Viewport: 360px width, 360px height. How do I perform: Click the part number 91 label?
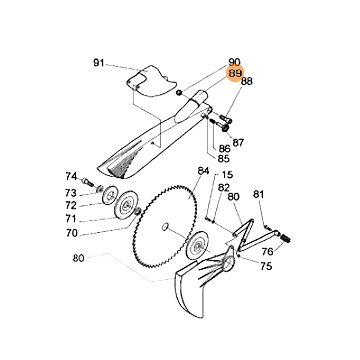click(99, 63)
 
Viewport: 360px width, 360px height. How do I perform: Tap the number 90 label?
click(234, 62)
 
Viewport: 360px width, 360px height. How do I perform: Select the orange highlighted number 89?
click(234, 73)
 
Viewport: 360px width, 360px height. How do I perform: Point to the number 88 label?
click(247, 81)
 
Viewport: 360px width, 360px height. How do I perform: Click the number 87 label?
click(238, 143)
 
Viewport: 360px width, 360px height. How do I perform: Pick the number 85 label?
click(224, 158)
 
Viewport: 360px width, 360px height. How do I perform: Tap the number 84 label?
click(204, 171)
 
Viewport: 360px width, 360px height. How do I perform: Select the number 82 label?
click(224, 187)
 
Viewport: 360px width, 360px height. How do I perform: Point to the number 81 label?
click(258, 194)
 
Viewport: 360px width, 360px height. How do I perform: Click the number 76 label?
click(268, 251)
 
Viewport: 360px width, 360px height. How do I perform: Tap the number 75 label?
click(266, 266)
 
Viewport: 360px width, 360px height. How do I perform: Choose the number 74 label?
click(72, 176)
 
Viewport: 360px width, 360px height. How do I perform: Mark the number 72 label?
click(72, 206)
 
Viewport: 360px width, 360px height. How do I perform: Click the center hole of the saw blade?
click(165, 226)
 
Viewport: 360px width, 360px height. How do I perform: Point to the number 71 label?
click(72, 219)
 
